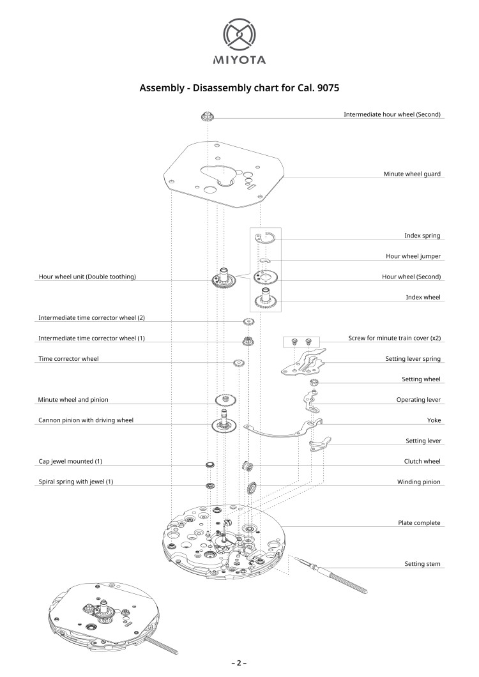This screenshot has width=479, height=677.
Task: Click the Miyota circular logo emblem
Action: (240, 35)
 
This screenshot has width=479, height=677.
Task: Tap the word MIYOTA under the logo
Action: (240, 60)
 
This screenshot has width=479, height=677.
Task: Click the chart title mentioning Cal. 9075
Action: (240, 87)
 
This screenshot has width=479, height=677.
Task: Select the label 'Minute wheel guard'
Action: (412, 174)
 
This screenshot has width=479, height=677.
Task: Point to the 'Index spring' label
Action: (422, 236)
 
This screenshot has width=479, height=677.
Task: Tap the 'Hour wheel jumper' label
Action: (413, 256)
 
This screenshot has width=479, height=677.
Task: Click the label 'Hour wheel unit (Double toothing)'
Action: (87, 277)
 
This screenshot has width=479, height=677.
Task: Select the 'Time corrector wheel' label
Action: (69, 359)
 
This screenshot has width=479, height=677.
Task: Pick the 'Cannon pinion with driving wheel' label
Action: (86, 420)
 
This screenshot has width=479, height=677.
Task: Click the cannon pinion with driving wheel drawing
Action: (224, 422)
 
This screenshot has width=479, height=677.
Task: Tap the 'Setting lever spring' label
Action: (413, 359)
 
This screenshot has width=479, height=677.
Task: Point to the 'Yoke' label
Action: (434, 420)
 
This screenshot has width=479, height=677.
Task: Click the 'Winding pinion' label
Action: (418, 482)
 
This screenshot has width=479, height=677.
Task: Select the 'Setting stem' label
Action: (422, 564)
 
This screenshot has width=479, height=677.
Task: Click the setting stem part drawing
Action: (331, 575)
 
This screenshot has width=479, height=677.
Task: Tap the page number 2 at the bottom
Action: (240, 663)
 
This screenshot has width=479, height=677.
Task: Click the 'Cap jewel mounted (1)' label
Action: (70, 461)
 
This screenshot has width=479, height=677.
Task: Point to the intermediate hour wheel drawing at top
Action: (208, 117)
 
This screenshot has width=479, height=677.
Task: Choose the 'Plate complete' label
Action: (419, 523)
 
